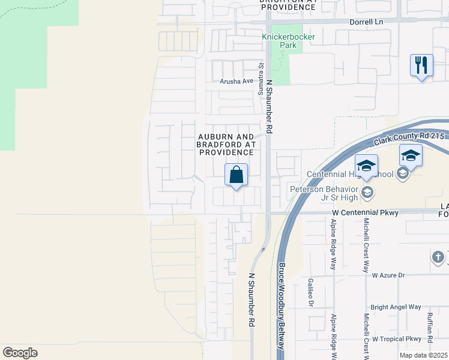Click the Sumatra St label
261,73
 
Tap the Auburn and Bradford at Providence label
226,145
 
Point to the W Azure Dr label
388,275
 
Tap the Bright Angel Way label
396,307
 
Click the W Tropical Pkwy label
397,339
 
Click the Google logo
20,353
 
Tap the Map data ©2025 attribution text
423,355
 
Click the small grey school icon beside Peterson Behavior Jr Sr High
367,193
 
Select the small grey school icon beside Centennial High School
402,174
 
